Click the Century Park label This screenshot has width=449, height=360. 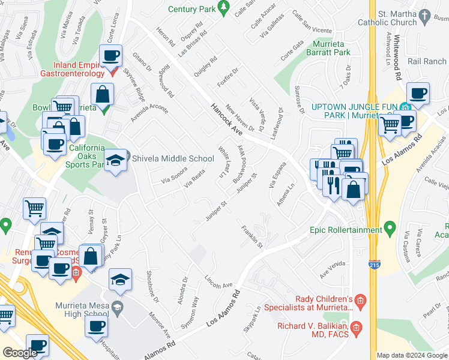(191, 9)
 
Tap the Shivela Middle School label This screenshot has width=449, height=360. (172, 159)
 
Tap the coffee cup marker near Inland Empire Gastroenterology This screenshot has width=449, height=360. (110, 56)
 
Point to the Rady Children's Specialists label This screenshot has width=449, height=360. (324, 303)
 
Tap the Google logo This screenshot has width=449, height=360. (20, 353)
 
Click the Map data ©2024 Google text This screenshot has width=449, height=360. (412, 355)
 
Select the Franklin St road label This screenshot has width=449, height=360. (252, 236)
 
